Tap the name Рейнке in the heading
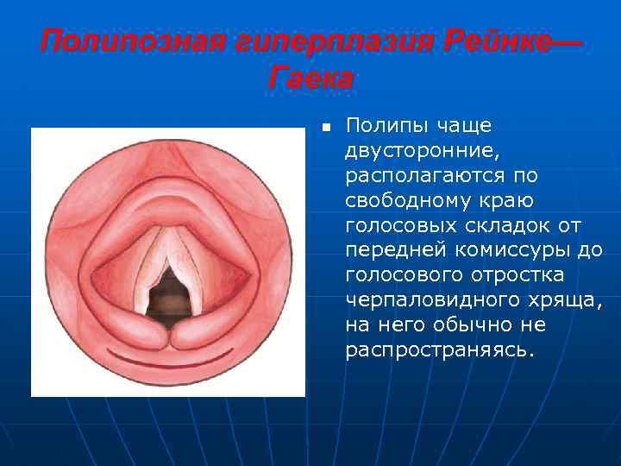point(483,41)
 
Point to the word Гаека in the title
point(310,79)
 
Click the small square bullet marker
point(326,127)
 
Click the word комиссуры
point(487,251)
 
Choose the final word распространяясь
point(439,351)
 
